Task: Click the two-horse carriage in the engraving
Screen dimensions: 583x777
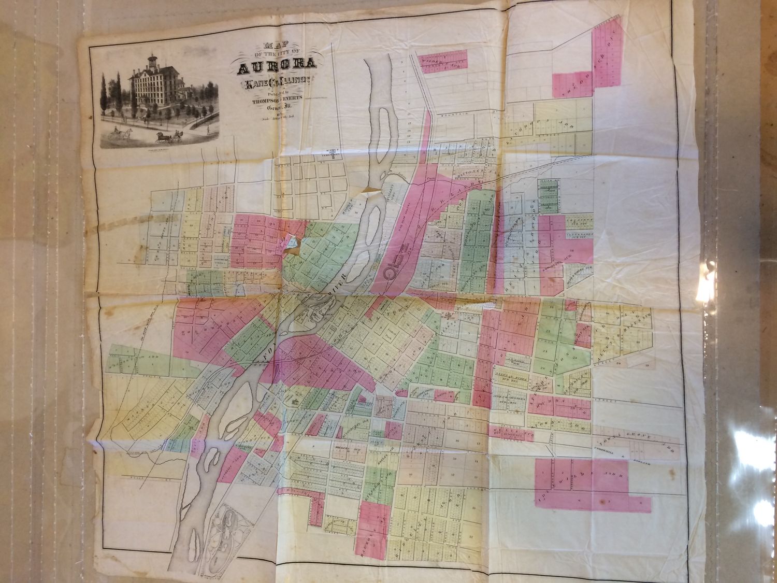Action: tap(169, 137)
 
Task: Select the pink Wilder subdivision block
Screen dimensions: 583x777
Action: tap(443, 60)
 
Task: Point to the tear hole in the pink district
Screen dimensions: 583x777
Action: tap(291, 244)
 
